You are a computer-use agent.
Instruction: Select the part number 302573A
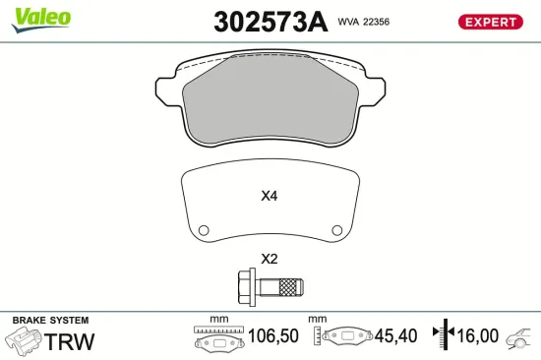point(270,22)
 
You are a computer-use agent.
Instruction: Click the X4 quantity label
point(270,196)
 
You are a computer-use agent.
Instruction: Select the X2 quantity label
point(270,260)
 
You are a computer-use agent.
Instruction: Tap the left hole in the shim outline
point(204,231)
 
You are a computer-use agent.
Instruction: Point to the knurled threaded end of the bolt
point(290,288)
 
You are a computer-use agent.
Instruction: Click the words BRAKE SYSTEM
point(50,321)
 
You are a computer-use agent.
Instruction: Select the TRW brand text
point(72,341)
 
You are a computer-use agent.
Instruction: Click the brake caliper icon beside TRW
point(24,342)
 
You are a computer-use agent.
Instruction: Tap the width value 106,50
point(274,336)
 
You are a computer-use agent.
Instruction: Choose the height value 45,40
point(398,336)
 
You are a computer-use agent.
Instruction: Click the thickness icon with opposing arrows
point(445,336)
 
